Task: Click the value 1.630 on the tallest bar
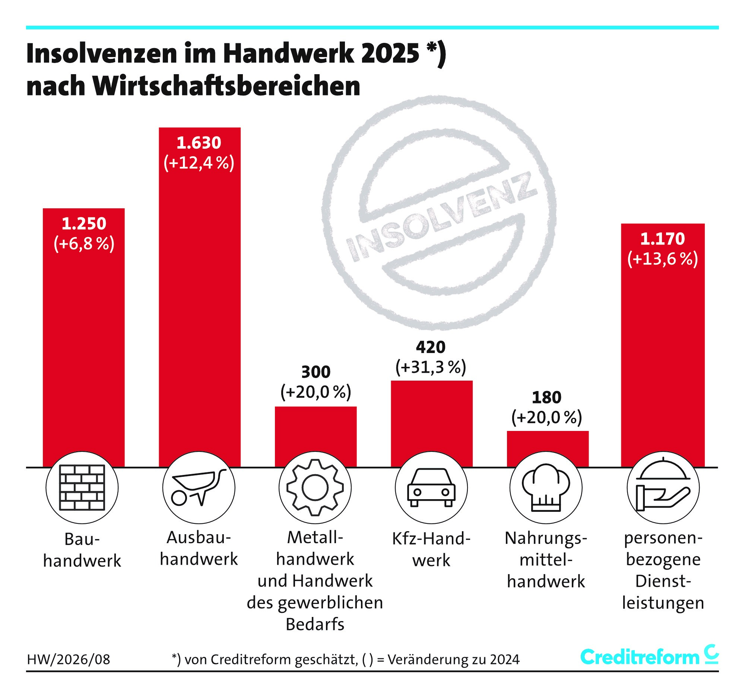pyautogui.click(x=199, y=143)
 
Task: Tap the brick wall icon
pyautogui.click(x=82, y=488)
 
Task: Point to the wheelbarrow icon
pyautogui.click(x=199, y=488)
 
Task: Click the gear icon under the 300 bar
pyautogui.click(x=315, y=488)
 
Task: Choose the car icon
pyautogui.click(x=431, y=488)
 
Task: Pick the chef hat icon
pyautogui.click(x=546, y=488)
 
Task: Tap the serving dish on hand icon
pyautogui.click(x=663, y=488)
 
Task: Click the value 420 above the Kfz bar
pyautogui.click(x=431, y=347)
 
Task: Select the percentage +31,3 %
pyautogui.click(x=431, y=367)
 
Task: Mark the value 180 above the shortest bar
pyautogui.click(x=547, y=397)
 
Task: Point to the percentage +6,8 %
pyautogui.click(x=84, y=244)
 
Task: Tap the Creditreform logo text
pyautogui.click(x=640, y=657)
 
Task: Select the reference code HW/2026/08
pyautogui.click(x=69, y=659)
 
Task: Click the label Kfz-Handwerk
pyautogui.click(x=431, y=549)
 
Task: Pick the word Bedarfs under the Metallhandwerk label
pyautogui.click(x=315, y=624)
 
